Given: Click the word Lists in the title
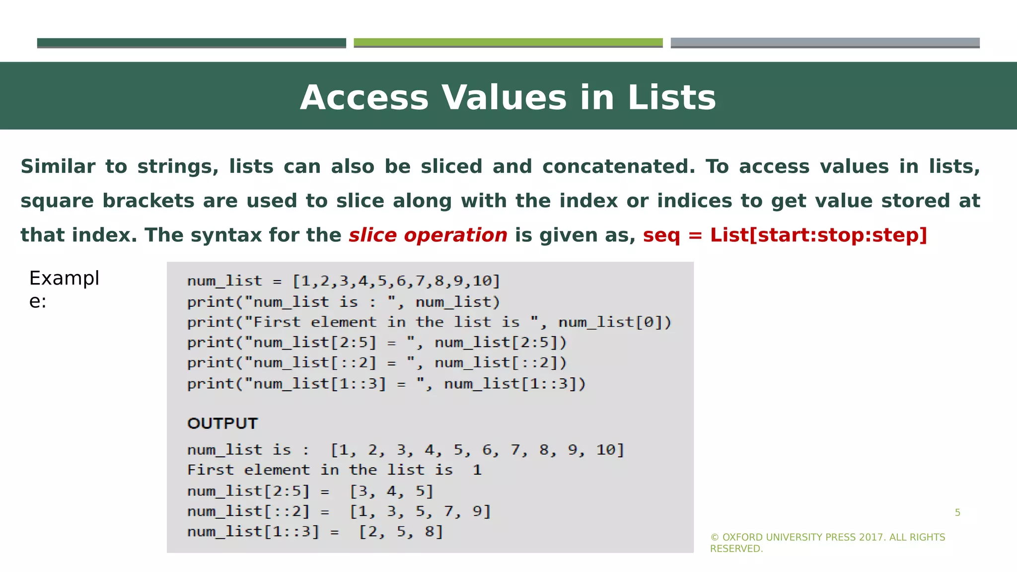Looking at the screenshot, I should tap(671, 97).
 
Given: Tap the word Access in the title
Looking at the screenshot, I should tap(364, 97).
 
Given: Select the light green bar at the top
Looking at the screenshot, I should tap(508, 42).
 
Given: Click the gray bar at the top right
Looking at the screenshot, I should tap(825, 42).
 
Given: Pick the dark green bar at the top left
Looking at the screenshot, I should tap(191, 42).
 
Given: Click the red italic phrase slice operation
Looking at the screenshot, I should tap(428, 235).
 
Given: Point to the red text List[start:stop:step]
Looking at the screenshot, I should tap(818, 235).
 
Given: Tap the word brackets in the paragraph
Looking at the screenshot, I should tap(148, 201).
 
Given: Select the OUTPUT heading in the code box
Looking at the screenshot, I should tap(222, 424).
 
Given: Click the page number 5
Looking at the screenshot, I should tap(957, 512).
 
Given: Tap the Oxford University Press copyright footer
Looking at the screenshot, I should tap(827, 543).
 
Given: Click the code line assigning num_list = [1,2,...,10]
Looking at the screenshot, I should tap(343, 281).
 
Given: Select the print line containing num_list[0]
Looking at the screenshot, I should tap(429, 322).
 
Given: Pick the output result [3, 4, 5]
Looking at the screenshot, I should tap(392, 491).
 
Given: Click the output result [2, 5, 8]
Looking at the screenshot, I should tap(401, 532).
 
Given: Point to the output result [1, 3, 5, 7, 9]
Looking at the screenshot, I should tap(420, 511).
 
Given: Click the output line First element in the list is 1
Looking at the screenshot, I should tap(334, 470).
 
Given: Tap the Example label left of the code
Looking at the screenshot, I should tap(64, 289).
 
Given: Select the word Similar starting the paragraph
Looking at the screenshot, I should tap(58, 166).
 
